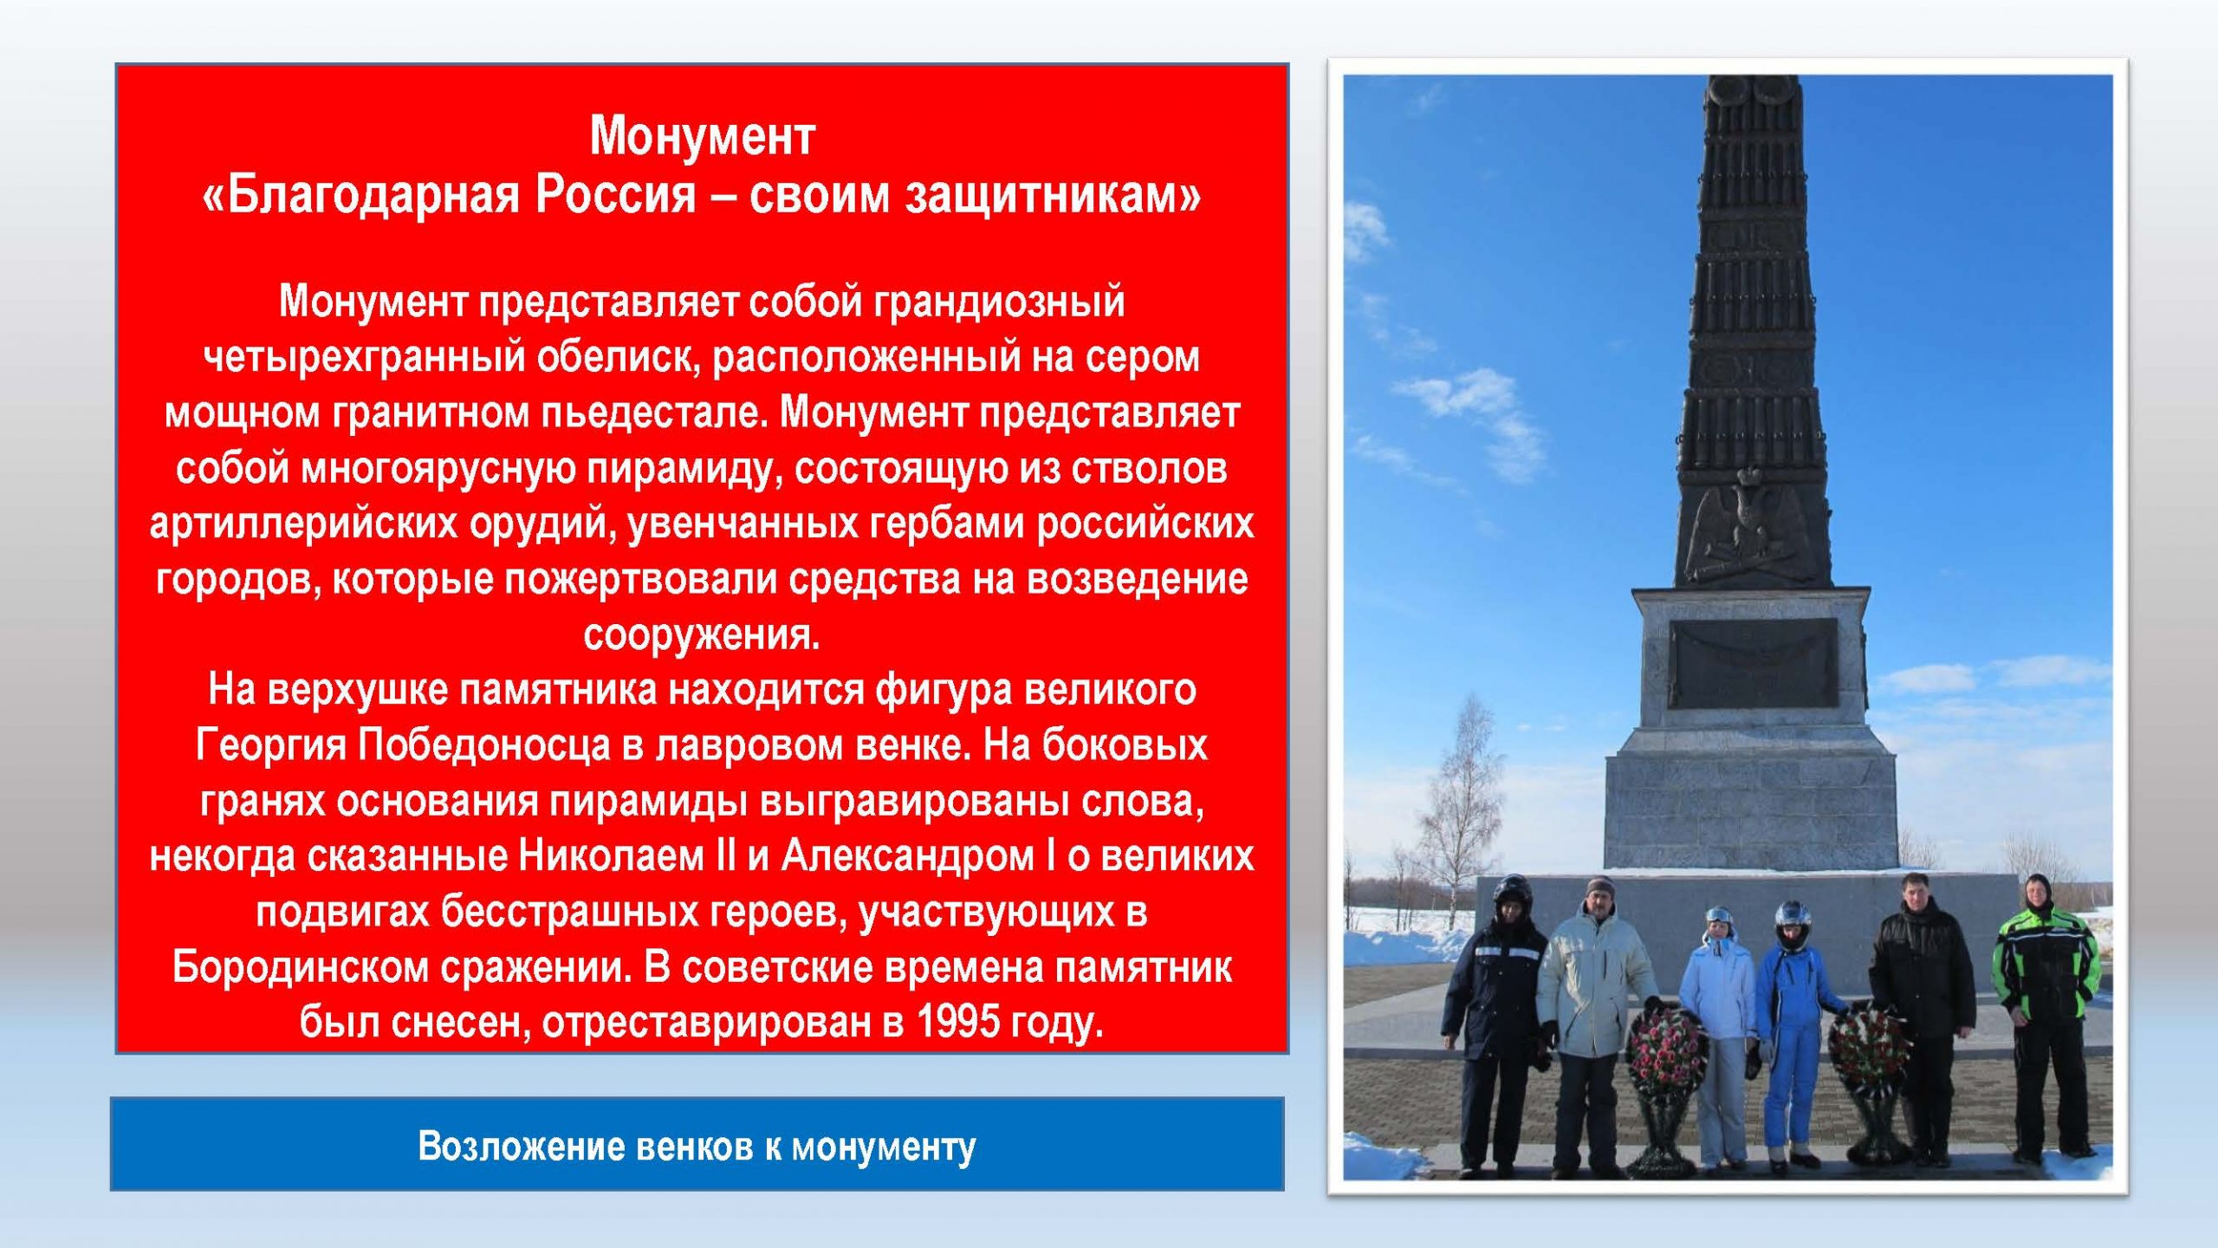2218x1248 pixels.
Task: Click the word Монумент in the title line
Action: point(702,137)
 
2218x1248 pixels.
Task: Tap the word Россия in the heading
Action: point(615,194)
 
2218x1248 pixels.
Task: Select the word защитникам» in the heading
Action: point(1054,196)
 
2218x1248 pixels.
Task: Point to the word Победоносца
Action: point(484,744)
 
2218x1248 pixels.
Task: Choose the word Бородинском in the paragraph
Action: point(301,966)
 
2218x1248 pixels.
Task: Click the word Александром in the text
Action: point(908,856)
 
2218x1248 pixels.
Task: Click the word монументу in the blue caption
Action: point(884,1147)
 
